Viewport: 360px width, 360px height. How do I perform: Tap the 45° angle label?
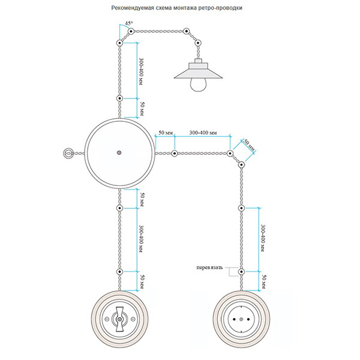[x=128, y=24]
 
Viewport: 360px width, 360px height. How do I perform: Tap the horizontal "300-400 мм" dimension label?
[x=202, y=131]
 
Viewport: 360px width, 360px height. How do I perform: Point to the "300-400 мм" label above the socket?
[x=262, y=238]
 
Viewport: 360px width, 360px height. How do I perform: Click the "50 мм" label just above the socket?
[x=262, y=280]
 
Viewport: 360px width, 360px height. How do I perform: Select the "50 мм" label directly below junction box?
[x=142, y=199]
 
